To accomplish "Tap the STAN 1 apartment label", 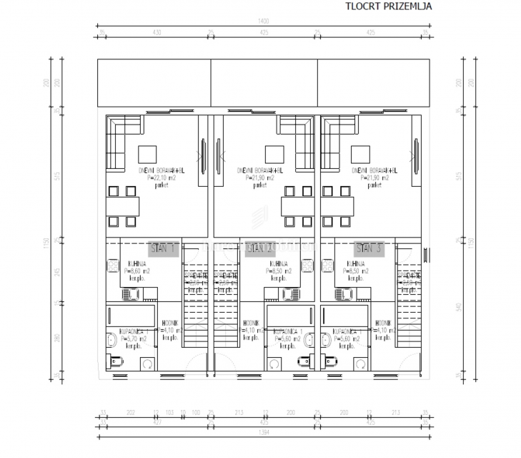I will coord(163,249).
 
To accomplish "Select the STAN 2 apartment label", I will coord(260,249).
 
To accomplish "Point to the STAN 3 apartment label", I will coord(369,249).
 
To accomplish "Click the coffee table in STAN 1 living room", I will coord(147,155).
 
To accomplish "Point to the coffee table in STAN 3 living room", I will coord(359,155).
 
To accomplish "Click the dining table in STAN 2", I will coord(297,205).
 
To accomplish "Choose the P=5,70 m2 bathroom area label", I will coord(126,340).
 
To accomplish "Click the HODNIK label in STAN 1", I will coord(169,323).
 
